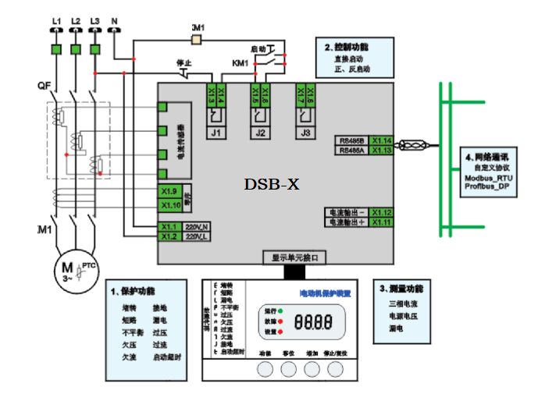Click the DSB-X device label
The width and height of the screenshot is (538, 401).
click(272, 185)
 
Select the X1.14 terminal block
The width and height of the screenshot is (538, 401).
click(381, 140)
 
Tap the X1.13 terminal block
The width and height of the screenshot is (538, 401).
click(381, 151)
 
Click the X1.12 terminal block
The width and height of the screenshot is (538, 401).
click(381, 212)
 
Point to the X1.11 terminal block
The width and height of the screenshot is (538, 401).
click(381, 223)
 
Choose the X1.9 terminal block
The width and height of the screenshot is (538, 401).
click(170, 192)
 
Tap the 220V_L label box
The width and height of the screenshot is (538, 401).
click(197, 236)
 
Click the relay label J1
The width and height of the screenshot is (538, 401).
click(215, 133)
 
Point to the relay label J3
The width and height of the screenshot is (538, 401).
click(305, 133)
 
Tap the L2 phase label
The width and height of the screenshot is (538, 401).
click(75, 20)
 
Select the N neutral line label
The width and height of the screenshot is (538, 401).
click(114, 20)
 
